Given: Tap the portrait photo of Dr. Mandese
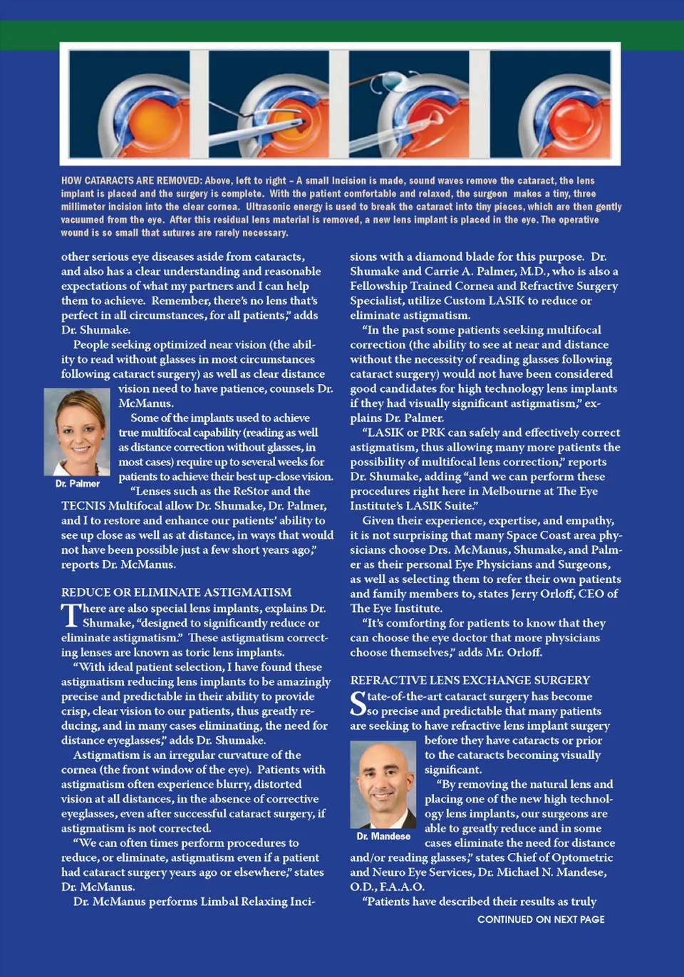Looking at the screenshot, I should (383, 783).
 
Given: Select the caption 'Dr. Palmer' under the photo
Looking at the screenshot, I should (78, 484).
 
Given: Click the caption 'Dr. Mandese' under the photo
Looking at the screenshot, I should (383, 837).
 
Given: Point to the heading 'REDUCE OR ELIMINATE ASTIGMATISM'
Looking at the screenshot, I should (176, 592).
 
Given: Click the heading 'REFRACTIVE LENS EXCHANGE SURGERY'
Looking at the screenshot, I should (470, 681).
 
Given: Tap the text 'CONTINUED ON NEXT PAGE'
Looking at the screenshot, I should (541, 920).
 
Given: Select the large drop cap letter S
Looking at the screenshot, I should (358, 704).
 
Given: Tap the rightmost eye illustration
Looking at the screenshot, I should (549, 104).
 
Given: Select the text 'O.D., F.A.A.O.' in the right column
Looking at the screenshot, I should (387, 887).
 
